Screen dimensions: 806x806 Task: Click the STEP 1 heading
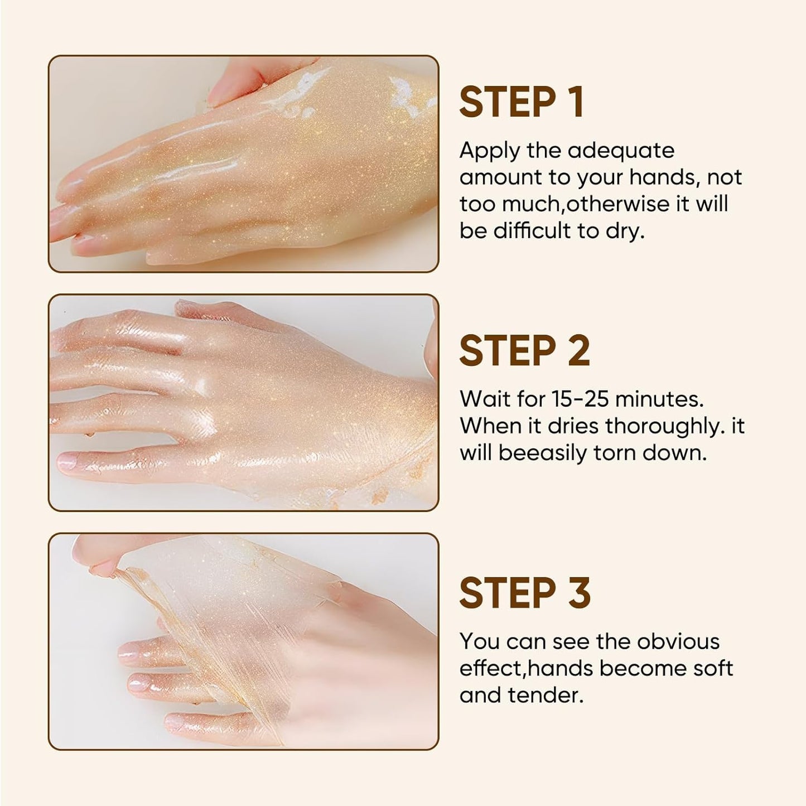coord(521,102)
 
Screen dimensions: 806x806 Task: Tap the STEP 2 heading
coord(524,351)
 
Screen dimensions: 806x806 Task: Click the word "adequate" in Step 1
coord(620,151)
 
